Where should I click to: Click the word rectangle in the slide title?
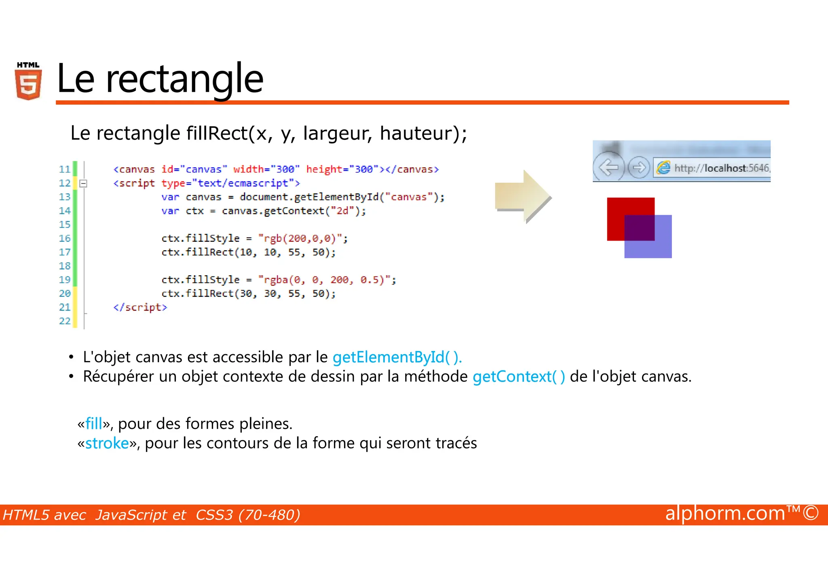pyautogui.click(x=184, y=79)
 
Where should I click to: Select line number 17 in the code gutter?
pyautogui.click(x=65, y=252)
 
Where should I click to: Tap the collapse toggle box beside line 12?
pyautogui.click(x=83, y=184)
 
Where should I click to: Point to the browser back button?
pyautogui.click(x=608, y=167)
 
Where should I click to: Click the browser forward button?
pyautogui.click(x=639, y=167)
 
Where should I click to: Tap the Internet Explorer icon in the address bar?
pyautogui.click(x=663, y=167)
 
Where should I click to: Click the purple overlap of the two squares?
pyautogui.click(x=639, y=228)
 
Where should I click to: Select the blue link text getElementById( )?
pyautogui.click(x=397, y=357)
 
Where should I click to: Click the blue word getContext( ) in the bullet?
pyautogui.click(x=519, y=377)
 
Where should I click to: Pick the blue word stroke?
pyautogui.click(x=107, y=444)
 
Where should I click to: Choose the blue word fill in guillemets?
pyautogui.click(x=94, y=424)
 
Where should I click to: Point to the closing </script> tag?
pyautogui.click(x=140, y=308)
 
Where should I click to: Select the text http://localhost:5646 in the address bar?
pyautogui.click(x=721, y=168)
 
